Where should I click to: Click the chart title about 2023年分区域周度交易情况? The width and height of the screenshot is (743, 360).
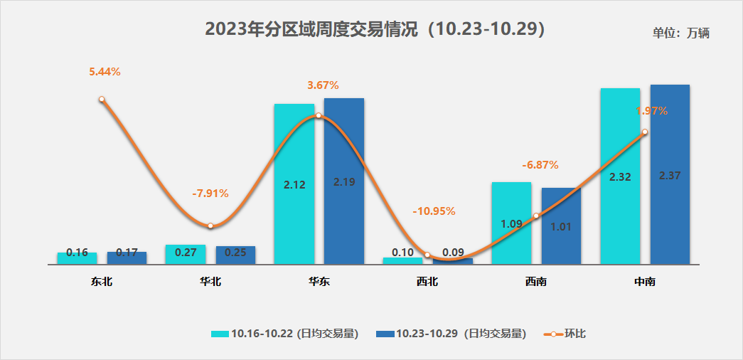pos(375,29)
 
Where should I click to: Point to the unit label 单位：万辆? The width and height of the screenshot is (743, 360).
pos(681,33)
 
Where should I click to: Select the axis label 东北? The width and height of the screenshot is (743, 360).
pos(102,282)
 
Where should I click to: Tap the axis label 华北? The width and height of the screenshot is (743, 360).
pos(210,282)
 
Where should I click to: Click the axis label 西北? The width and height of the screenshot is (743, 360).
pos(427,282)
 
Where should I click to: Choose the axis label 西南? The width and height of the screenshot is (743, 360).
pos(536,282)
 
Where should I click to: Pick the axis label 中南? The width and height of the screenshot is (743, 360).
pos(645,282)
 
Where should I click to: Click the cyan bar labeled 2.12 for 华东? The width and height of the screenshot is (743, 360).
pos(294,184)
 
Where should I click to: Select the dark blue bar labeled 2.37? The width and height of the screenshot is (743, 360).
pos(670,174)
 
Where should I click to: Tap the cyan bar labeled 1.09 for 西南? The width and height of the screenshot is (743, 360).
pos(511,223)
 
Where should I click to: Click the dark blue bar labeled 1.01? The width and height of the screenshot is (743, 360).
pos(561,226)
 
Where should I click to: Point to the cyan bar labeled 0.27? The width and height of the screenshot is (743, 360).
pos(186,254)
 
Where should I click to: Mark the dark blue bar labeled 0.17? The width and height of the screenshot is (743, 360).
pos(127,258)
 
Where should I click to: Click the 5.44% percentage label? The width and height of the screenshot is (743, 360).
pos(105,71)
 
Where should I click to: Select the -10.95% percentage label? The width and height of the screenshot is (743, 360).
pos(434,211)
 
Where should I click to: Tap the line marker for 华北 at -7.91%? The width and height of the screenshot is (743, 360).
pos(210,226)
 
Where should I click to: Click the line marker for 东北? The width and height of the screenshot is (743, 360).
pos(102,100)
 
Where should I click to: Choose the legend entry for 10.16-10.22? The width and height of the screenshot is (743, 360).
pos(284,333)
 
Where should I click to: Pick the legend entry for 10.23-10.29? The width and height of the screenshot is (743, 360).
pos(451,333)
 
